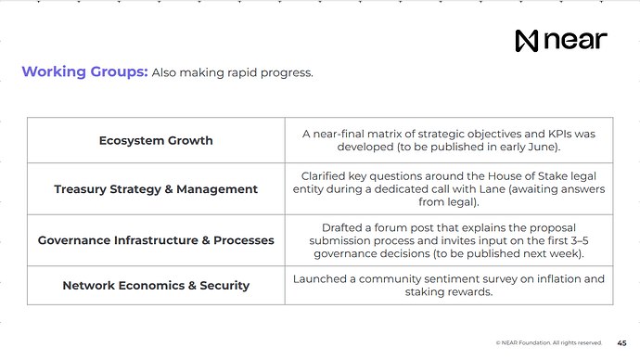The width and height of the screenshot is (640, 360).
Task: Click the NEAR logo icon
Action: pos(527,41)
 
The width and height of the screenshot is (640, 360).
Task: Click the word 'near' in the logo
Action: pos(575,41)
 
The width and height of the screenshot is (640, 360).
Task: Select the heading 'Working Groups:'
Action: pos(85,71)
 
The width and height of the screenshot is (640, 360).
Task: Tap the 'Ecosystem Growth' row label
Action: pos(156,140)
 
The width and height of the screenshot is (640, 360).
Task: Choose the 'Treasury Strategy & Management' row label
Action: pos(156,189)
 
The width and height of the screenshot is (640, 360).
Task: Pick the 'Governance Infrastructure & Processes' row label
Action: pos(156,240)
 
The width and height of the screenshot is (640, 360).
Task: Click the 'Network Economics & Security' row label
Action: pos(156,285)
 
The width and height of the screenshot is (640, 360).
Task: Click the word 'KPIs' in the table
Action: pos(559,134)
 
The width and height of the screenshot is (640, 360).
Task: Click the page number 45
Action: pos(621,343)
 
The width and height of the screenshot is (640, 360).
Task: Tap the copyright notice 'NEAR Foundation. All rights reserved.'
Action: pos(552,343)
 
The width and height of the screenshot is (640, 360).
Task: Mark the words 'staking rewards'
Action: pos(449,292)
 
